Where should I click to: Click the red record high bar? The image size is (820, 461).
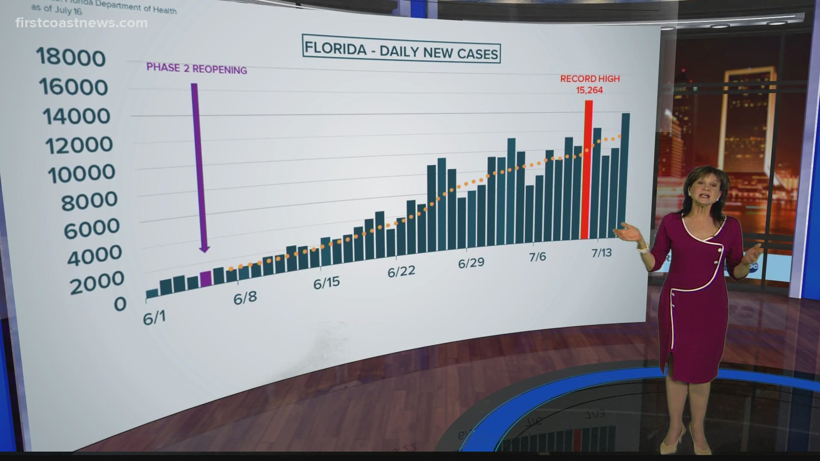point(588,171)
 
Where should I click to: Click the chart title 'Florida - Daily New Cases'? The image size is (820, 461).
point(401,51)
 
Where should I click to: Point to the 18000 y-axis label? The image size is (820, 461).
point(71,57)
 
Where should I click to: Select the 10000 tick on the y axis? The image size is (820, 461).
point(81,173)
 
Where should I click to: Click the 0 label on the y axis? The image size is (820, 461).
point(120,304)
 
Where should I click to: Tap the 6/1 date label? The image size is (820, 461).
point(154,318)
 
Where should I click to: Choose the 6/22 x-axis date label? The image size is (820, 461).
point(401,271)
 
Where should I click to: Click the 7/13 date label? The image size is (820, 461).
point(601,252)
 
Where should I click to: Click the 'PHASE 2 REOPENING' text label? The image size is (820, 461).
point(196,69)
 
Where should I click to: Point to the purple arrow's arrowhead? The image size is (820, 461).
point(205,248)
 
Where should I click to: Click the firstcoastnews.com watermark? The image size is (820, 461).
point(81,23)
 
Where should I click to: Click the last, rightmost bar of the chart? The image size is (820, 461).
point(625,175)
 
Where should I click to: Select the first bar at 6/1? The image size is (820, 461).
point(152,294)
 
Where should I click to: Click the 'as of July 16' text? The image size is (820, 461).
point(56,9)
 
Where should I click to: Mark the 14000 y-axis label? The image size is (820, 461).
point(76,116)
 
